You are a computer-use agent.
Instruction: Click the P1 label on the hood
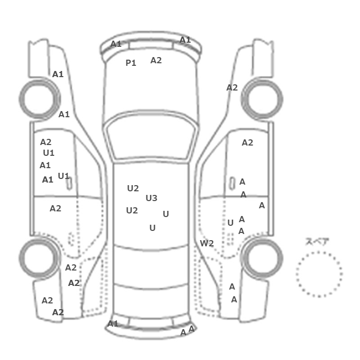(131, 63)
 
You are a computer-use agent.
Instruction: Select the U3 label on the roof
(152, 198)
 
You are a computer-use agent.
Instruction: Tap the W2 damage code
(207, 243)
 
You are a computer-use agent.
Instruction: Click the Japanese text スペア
(314, 242)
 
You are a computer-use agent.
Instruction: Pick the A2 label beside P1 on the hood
(156, 60)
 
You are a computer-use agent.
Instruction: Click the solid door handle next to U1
(69, 184)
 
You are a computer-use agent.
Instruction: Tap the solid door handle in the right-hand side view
(232, 184)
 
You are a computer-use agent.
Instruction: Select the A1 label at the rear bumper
(113, 323)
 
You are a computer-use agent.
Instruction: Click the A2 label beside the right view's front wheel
(232, 87)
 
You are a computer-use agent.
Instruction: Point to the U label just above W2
(230, 223)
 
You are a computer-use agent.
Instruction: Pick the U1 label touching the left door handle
(64, 176)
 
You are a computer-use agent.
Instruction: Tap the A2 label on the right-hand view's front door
(247, 142)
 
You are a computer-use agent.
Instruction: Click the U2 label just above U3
(133, 188)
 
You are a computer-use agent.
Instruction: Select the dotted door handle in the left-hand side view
(71, 239)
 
